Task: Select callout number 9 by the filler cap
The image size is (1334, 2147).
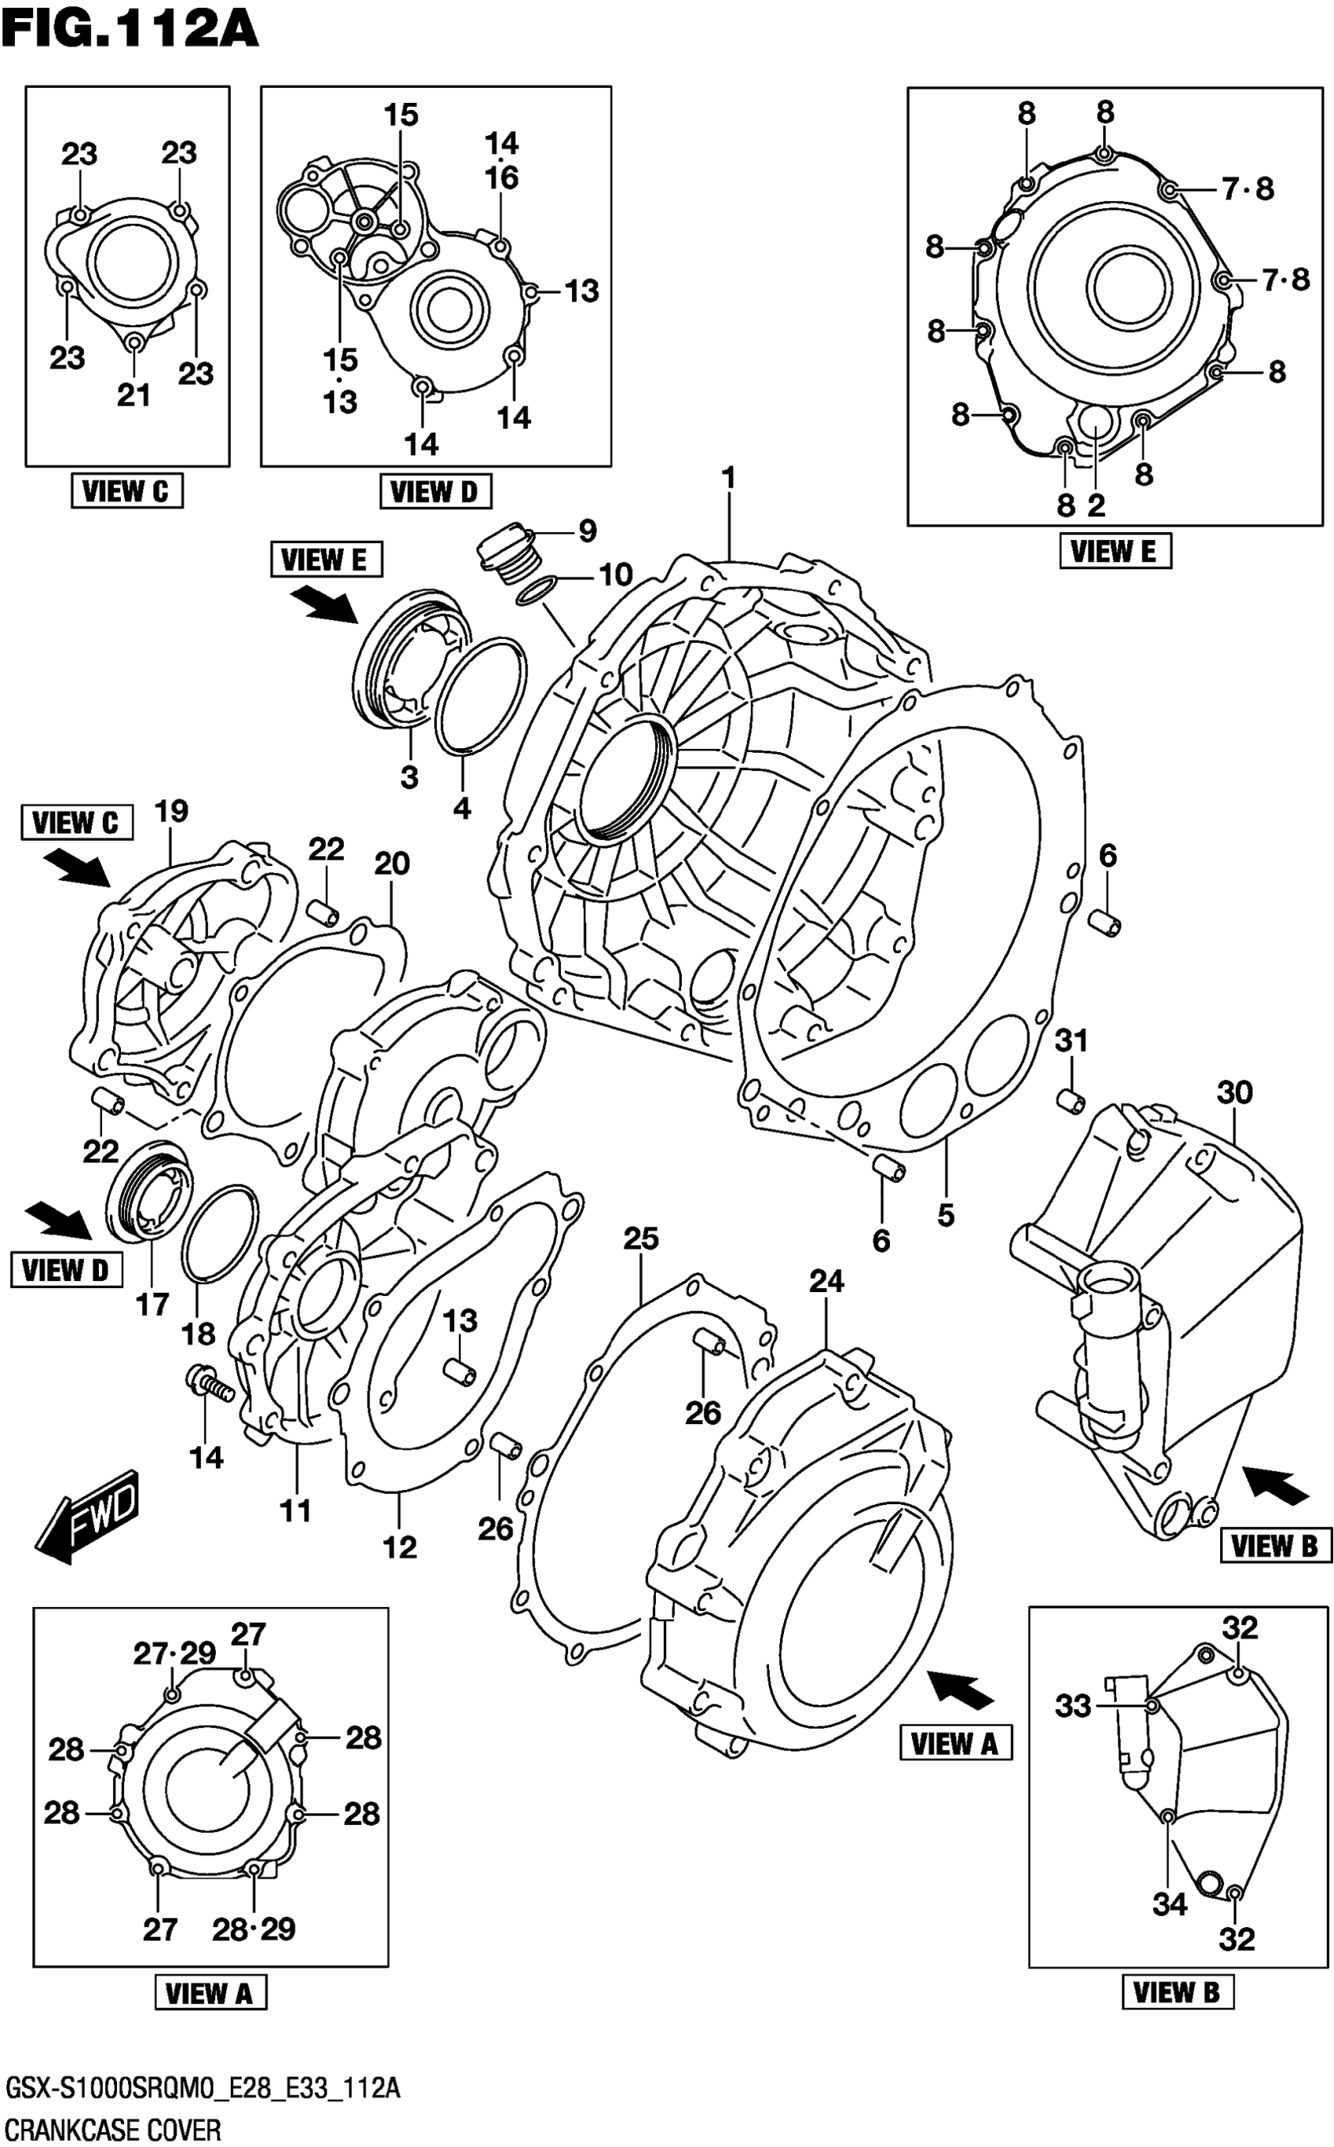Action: [x=588, y=531]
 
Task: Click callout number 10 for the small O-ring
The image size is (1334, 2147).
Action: [x=615, y=575]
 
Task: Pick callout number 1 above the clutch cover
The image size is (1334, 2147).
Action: [x=728, y=478]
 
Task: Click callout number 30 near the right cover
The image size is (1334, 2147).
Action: [x=1234, y=1094]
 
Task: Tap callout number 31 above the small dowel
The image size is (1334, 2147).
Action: [x=1071, y=1041]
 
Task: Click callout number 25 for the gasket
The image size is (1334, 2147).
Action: [x=640, y=1239]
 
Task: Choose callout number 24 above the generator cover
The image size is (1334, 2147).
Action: [x=827, y=1281]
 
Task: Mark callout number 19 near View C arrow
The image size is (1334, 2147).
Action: [x=171, y=811]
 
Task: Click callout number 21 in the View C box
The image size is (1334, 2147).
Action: [x=134, y=396]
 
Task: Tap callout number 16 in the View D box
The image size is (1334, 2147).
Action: [x=501, y=178]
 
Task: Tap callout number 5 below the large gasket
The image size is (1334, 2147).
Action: [x=946, y=1216]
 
